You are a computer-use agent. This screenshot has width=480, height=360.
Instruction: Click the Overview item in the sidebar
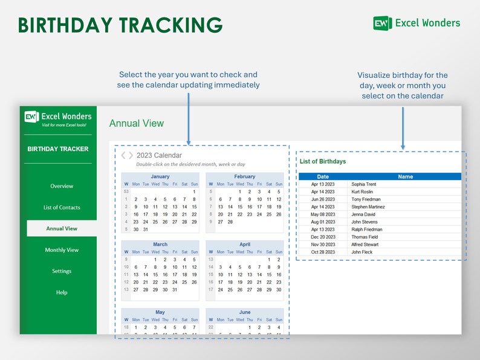(x=62, y=186)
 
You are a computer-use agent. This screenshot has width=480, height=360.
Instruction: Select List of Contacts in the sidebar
(x=62, y=207)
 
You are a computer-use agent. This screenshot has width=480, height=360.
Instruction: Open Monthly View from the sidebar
(x=62, y=250)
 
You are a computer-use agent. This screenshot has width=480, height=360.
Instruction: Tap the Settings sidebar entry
(x=62, y=271)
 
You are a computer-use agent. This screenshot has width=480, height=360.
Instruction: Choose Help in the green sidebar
(x=62, y=292)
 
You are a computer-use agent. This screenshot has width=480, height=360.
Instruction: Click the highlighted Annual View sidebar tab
(x=62, y=229)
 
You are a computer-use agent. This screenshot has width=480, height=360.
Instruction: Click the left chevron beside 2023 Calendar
(x=123, y=155)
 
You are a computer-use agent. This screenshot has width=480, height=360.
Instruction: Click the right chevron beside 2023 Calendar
(x=131, y=155)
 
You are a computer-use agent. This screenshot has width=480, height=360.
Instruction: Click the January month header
(x=160, y=176)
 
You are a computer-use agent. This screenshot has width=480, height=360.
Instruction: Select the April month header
(x=245, y=245)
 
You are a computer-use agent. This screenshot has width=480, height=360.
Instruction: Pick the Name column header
(x=405, y=177)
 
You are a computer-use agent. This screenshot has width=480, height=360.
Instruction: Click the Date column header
(x=323, y=177)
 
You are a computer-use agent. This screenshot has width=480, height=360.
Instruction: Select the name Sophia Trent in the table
(x=363, y=184)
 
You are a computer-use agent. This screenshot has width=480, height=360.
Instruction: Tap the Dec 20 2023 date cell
(x=323, y=237)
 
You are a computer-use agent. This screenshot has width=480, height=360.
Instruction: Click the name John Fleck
(x=362, y=252)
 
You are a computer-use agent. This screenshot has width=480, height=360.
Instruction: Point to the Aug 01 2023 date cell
(x=323, y=222)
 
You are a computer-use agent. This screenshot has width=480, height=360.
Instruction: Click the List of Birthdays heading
(x=323, y=161)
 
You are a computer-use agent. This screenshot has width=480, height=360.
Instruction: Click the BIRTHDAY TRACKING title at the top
(x=120, y=25)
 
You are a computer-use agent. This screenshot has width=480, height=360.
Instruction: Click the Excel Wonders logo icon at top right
(x=382, y=23)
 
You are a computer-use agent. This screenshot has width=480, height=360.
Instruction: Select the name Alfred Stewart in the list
(x=365, y=245)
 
